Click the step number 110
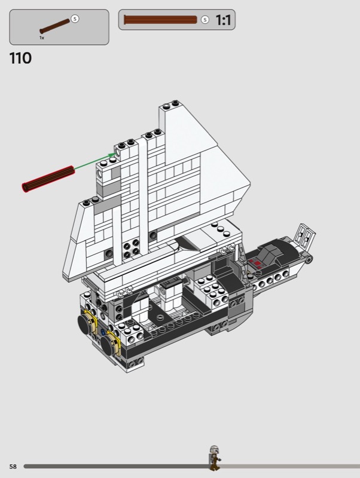pyautogui.click(x=20, y=58)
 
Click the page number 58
pyautogui.click(x=13, y=467)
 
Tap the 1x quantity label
pyautogui.click(x=42, y=38)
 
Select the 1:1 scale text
pyautogui.click(x=223, y=20)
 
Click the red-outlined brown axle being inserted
pyautogui.click(x=48, y=179)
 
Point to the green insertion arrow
pyautogui.click(x=94, y=161)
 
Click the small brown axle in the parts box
pyautogui.click(x=54, y=26)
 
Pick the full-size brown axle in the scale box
pyautogui.click(x=160, y=20)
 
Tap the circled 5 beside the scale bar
pyautogui.click(x=205, y=20)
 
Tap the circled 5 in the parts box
pyautogui.click(x=75, y=19)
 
